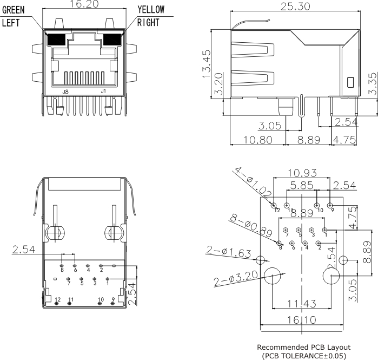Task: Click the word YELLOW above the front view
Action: pyautogui.click(x=151, y=10)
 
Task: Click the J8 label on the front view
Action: pyautogui.click(x=65, y=91)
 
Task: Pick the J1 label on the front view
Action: pyautogui.click(x=103, y=91)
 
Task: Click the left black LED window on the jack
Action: pyautogui.click(x=56, y=40)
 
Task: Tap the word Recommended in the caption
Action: pyautogui.click(x=282, y=346)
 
